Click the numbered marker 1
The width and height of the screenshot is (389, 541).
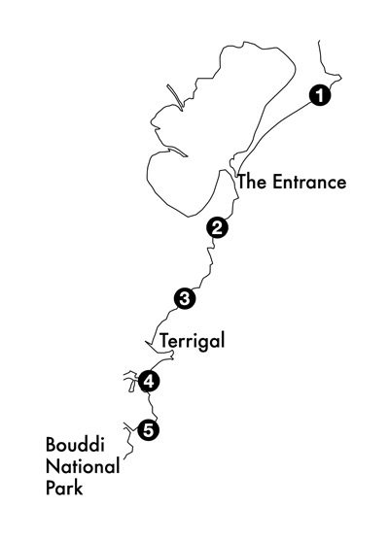tap(320, 95)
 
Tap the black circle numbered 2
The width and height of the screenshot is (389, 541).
tap(217, 227)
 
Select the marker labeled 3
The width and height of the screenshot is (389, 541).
tap(185, 298)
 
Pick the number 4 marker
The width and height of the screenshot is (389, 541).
tap(149, 382)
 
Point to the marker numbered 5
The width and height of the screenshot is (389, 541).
tap(148, 430)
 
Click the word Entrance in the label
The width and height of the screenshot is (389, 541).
tap(309, 182)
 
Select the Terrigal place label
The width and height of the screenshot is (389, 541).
tap(192, 342)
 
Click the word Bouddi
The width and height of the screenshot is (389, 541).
tap(75, 445)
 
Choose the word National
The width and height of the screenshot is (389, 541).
tap(83, 466)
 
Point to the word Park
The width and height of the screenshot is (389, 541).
tap(64, 488)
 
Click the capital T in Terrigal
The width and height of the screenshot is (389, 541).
tap(163, 340)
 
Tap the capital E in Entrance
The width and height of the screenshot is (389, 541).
tap(277, 183)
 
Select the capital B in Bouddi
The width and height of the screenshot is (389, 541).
tap(52, 445)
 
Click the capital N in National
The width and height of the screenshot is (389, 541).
tap(52, 466)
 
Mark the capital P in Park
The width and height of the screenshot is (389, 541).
tap(51, 489)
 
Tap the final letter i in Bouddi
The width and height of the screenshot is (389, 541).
tap(102, 445)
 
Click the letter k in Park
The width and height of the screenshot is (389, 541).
tap(79, 488)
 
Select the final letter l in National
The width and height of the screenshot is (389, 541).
tap(118, 466)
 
